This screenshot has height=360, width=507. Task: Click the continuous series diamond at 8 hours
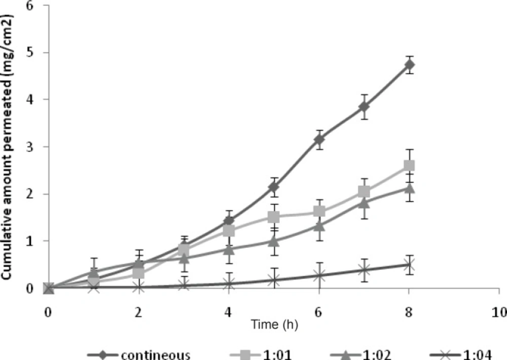409,65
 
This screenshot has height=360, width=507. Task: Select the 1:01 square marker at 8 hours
409,166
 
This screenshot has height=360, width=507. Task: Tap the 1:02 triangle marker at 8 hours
409,188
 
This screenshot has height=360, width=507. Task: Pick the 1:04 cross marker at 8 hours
409,265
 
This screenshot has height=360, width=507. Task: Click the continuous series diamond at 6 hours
319,139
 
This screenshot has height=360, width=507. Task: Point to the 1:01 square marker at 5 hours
274,217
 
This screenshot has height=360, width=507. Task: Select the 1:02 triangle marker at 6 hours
319,226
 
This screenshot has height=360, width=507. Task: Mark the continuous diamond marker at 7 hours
364,106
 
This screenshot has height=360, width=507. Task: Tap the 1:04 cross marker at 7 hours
364,270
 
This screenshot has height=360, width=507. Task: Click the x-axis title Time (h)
274,325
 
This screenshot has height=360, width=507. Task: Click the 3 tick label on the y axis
32,147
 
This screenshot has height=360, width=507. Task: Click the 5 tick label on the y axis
32,53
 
